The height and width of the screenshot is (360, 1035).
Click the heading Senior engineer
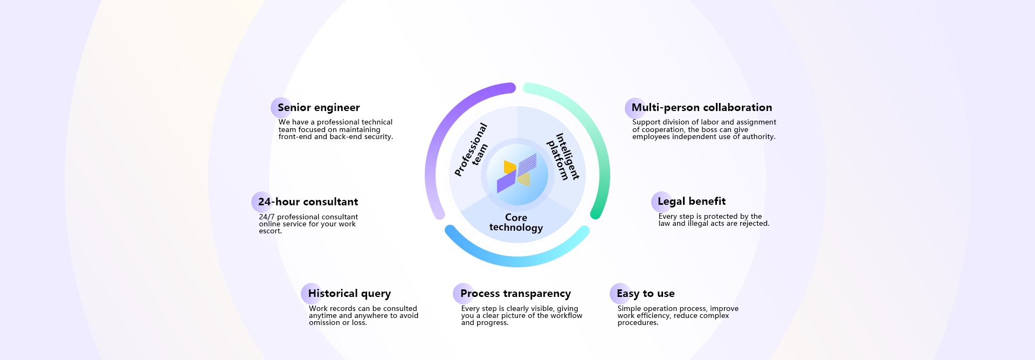(319, 108)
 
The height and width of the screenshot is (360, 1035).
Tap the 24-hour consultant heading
(308, 202)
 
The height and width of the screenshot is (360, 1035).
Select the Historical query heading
(349, 294)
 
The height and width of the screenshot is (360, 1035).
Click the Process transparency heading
(515, 294)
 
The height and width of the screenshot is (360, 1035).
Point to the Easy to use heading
(645, 294)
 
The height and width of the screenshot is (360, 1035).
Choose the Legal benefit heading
(691, 202)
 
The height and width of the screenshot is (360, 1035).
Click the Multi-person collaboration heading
(701, 108)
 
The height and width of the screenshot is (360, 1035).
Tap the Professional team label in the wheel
(471, 150)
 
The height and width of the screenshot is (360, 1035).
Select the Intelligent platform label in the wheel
(563, 156)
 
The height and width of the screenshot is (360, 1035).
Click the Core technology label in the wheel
(516, 222)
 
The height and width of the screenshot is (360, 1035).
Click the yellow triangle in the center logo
(509, 167)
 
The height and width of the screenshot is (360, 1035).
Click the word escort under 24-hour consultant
(270, 231)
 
